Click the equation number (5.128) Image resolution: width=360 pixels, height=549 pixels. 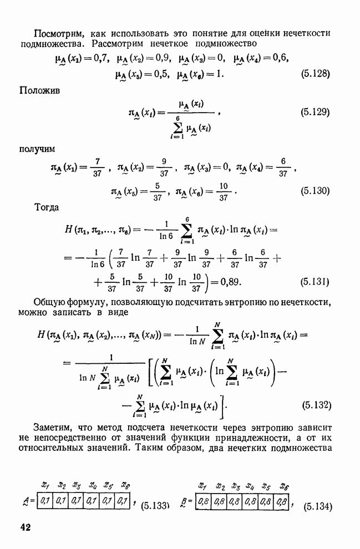click(315, 74)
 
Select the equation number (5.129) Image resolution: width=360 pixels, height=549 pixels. click(315, 113)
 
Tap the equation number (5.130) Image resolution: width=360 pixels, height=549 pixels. click(315, 191)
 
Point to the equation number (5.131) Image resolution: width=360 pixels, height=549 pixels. click(315, 282)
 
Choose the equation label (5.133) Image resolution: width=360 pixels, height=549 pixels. click(155, 506)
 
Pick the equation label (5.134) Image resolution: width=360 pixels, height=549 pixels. click(318, 507)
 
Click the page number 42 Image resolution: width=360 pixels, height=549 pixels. click(25, 527)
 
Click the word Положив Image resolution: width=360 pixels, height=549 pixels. click(39, 90)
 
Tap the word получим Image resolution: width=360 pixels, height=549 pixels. click(37, 149)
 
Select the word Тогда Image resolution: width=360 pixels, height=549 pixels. click(47, 207)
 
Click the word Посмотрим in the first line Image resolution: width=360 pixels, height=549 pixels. click(58, 33)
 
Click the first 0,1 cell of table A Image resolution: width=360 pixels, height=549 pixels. click(44, 501)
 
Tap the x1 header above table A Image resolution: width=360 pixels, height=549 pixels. click(45, 485)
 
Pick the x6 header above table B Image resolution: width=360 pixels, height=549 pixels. click(284, 486)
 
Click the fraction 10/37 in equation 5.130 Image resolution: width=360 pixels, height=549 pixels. click(224, 191)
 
